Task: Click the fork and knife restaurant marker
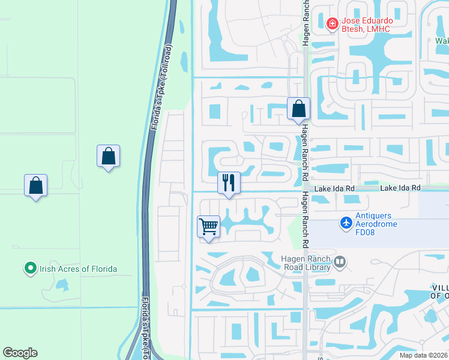(228, 183)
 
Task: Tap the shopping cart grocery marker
(208, 227)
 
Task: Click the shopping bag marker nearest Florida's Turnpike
(108, 156)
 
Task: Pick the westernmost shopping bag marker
(35, 185)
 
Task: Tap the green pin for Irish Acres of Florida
(30, 269)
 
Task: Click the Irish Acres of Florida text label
(78, 269)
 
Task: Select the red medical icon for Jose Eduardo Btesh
(331, 23)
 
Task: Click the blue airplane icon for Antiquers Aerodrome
(345, 223)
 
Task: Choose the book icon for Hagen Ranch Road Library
(340, 262)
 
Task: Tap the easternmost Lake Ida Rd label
(401, 188)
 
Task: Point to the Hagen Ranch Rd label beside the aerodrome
(306, 220)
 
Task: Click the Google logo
(20, 353)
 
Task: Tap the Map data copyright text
(424, 355)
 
